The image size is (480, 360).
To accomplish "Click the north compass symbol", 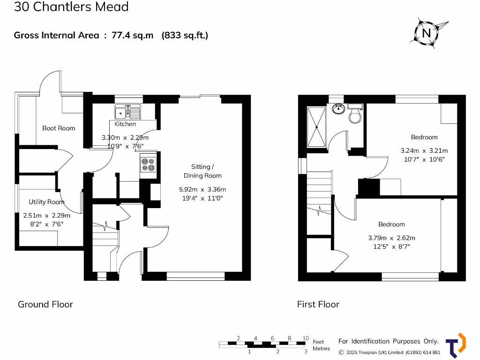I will click(x=426, y=33).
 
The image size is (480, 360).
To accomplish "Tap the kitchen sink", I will click(x=128, y=112).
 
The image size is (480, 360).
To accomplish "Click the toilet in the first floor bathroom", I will click(x=355, y=114).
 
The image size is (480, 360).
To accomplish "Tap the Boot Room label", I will click(x=59, y=128).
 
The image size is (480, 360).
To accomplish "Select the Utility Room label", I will click(x=46, y=202).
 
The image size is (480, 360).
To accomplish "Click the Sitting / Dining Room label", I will click(x=202, y=171).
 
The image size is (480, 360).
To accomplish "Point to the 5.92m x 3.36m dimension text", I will click(x=202, y=189).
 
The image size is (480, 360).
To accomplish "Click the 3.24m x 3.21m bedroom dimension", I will click(x=424, y=151).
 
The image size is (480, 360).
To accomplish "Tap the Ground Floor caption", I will click(x=45, y=304).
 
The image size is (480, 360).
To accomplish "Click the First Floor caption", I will click(x=318, y=304).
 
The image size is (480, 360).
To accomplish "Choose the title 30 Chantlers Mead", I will click(x=71, y=7).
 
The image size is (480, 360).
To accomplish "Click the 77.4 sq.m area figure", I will click(x=133, y=35).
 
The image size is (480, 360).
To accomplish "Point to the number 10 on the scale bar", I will click(x=305, y=338).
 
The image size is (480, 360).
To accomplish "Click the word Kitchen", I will click(x=125, y=124).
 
